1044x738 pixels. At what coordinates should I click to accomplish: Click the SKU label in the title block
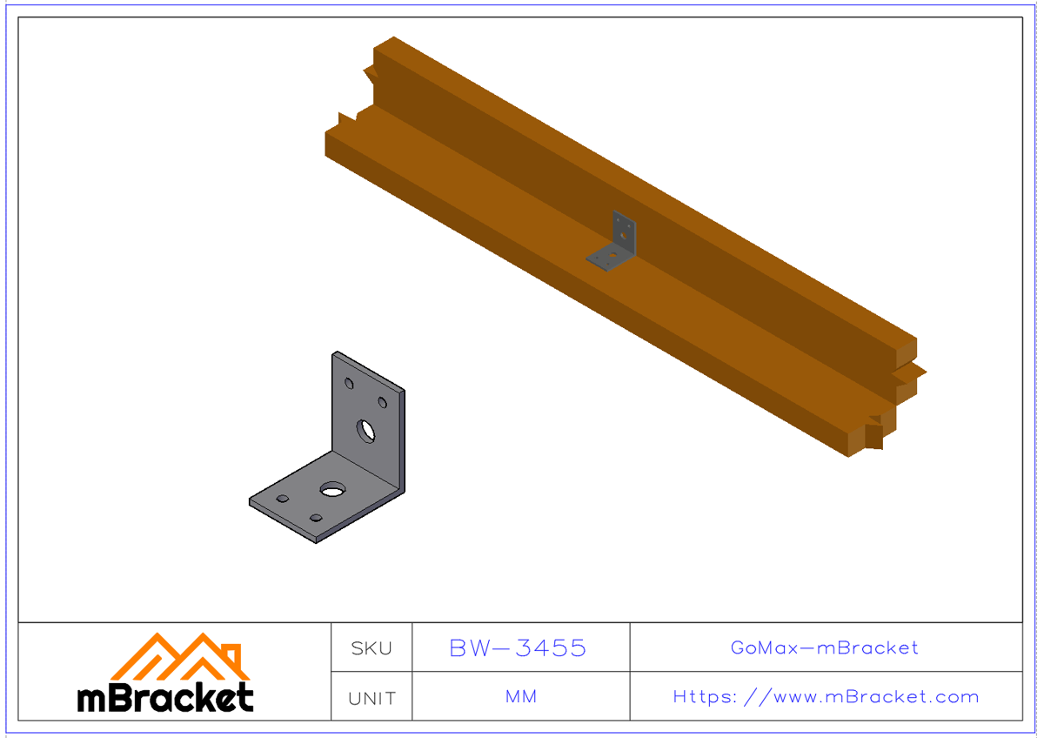coord(371,648)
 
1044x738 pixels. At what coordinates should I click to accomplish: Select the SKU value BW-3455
coord(519,648)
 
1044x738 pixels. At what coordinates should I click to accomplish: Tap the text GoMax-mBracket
coord(825,648)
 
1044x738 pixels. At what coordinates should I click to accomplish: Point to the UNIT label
coord(371,698)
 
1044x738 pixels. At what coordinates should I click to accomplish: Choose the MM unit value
coord(520,697)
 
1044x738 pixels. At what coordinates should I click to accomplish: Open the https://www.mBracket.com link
coord(826,697)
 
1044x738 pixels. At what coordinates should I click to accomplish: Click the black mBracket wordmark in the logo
coord(165,697)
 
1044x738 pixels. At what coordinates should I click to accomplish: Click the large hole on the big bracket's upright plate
coord(366,429)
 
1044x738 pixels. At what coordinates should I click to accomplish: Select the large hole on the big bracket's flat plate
coord(331,490)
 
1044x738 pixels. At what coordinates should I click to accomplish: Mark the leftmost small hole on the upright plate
coord(350,384)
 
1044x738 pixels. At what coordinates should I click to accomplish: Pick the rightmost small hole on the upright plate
coord(382,402)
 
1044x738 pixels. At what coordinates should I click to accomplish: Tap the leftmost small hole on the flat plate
coord(283,499)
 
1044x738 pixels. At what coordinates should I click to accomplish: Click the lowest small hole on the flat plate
coord(316,519)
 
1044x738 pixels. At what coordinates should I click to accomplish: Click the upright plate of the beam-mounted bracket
coord(623,230)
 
